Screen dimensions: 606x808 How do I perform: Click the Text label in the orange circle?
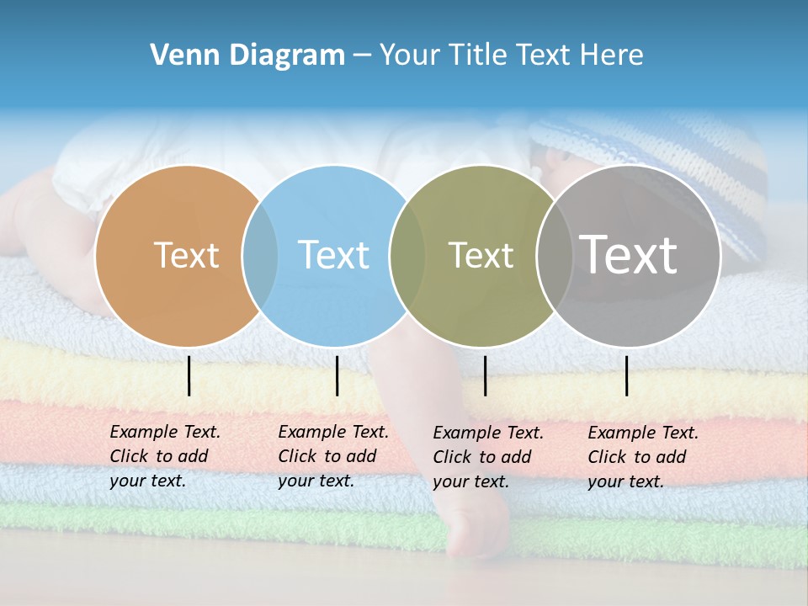186,255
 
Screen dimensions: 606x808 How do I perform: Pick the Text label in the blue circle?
334,255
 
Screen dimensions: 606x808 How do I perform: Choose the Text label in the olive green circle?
481,255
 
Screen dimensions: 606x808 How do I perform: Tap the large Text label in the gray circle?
628,254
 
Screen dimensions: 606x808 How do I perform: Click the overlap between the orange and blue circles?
260,255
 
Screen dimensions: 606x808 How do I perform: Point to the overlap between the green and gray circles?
553,255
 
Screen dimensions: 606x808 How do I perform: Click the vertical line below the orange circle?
189,375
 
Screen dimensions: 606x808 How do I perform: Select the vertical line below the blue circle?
337,375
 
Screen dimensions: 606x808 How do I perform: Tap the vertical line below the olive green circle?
485,375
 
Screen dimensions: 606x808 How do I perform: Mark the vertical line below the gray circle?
626,375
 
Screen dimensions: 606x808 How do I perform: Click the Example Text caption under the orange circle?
164,456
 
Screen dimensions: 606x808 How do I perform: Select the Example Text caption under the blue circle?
332,456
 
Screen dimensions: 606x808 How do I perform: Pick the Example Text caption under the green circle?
487,457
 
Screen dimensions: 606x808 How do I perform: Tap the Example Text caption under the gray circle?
642,457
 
